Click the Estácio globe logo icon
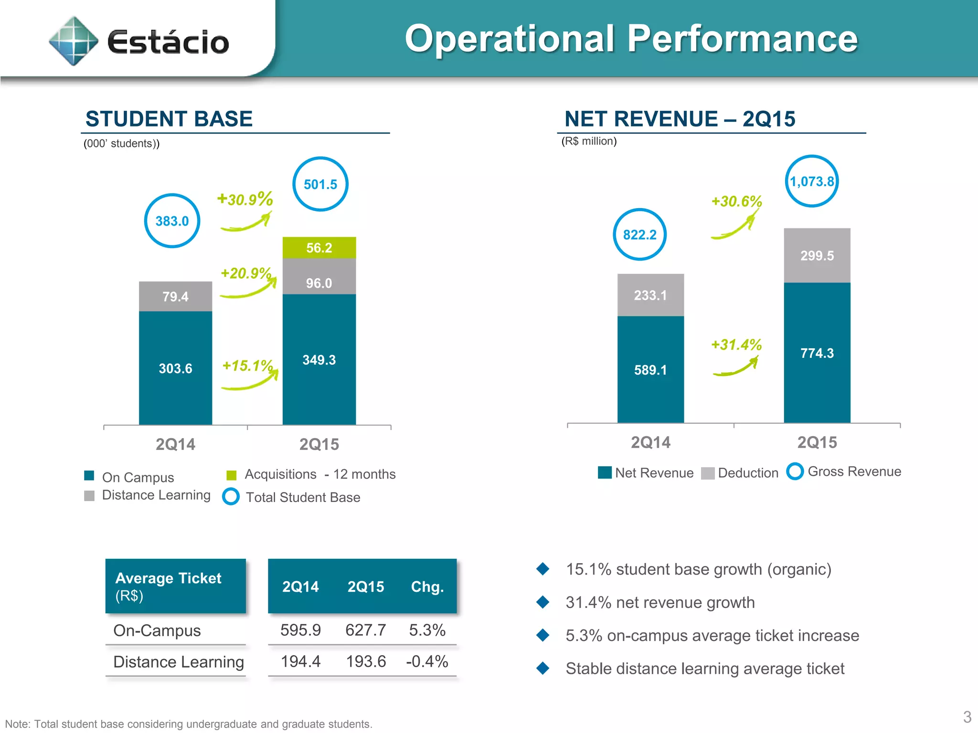pos(74,41)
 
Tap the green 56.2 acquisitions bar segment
pos(319,248)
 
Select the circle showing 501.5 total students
pos(320,184)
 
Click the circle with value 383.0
pos(172,221)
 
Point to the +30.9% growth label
pos(245,199)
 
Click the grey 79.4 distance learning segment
pos(175,296)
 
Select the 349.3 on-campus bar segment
pos(319,359)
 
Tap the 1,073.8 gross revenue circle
pos(811,181)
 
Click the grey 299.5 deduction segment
pos(817,256)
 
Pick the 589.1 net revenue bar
pos(650,369)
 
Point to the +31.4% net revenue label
pos(736,345)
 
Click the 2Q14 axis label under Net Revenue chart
pos(650,442)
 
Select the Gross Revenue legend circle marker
pos(795,471)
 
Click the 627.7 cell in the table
pos(365,630)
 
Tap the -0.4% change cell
pos(427,661)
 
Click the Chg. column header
pos(427,586)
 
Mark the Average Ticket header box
pos(175,586)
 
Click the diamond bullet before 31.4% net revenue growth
pos(542,602)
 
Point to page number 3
pos(967,717)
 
